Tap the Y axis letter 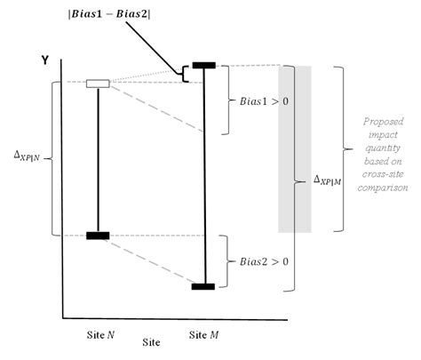pyautogui.click(x=44, y=60)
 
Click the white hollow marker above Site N pyautogui.click(x=98, y=84)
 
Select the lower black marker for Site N pyautogui.click(x=98, y=236)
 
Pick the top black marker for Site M pyautogui.click(x=204, y=65)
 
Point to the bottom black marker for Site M pyautogui.click(x=204, y=286)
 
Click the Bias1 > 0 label pyautogui.click(x=264, y=101)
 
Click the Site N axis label pyautogui.click(x=99, y=334)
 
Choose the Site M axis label pyautogui.click(x=204, y=334)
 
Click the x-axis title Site pyautogui.click(x=152, y=341)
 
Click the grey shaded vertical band pyautogui.click(x=294, y=148)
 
